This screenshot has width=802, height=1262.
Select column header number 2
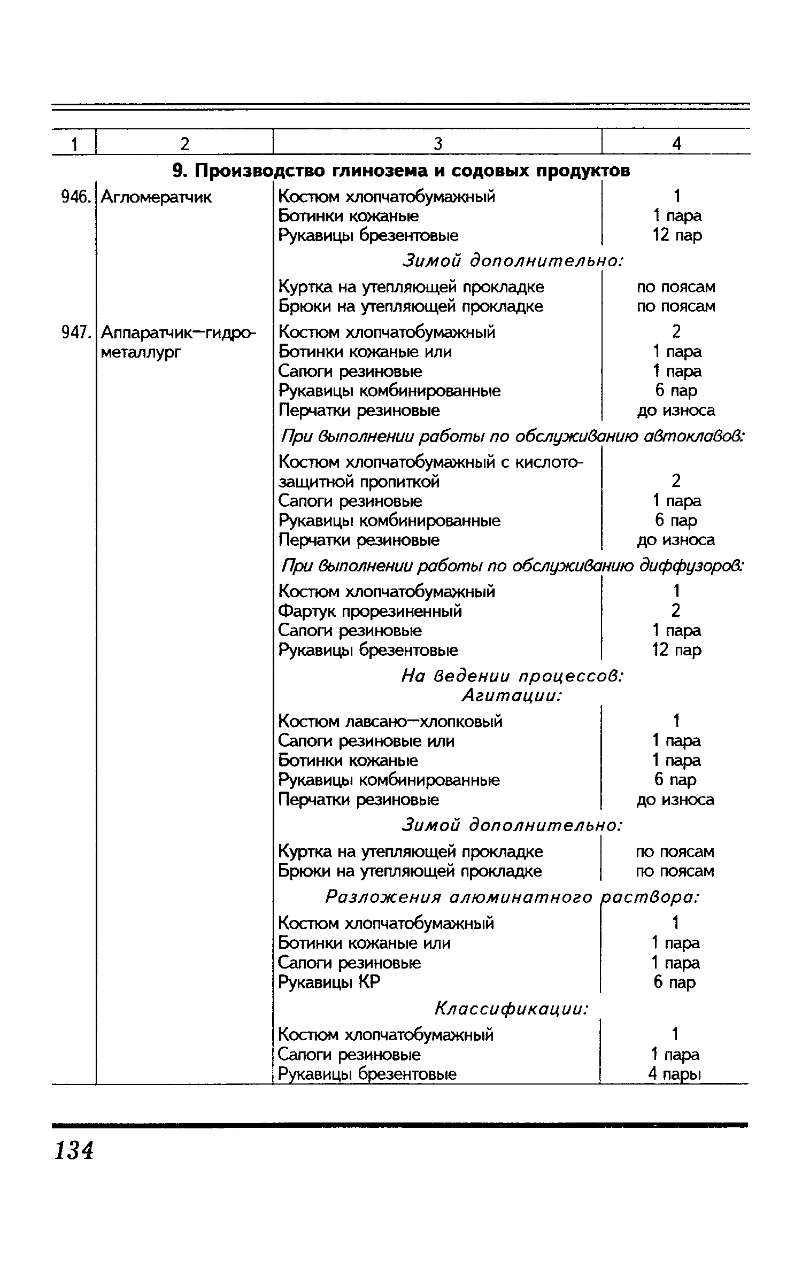click(x=185, y=143)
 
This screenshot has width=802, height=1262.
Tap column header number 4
click(x=677, y=143)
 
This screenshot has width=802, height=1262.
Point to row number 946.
click(x=74, y=197)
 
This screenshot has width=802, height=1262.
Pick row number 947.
click(x=74, y=332)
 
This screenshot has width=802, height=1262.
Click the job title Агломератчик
click(x=156, y=197)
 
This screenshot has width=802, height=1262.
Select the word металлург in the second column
click(x=141, y=352)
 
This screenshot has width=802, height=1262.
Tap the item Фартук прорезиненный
click(x=370, y=611)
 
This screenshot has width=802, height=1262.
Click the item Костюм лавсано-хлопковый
click(x=390, y=722)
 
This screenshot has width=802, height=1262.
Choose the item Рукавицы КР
click(x=329, y=982)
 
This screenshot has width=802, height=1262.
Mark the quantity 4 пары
click(x=674, y=1074)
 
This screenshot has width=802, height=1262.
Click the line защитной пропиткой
click(x=359, y=482)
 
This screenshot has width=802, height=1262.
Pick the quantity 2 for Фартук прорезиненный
click(x=676, y=610)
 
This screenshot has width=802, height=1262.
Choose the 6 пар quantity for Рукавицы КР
click(x=675, y=982)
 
